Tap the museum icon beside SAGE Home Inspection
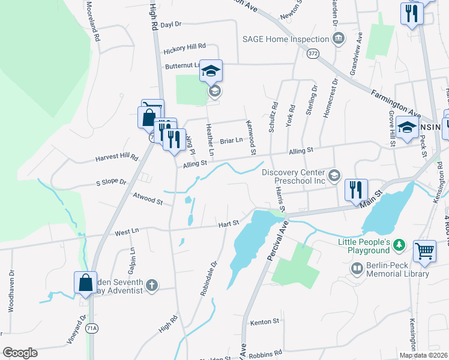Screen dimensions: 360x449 tap(339, 39)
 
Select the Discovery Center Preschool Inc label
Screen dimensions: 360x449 tap(294, 176)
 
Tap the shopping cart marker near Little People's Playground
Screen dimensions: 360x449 tap(424, 252)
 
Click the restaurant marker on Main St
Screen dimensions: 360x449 tap(356, 190)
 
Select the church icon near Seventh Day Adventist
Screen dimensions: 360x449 tap(152, 286)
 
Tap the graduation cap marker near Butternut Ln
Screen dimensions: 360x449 tap(211, 71)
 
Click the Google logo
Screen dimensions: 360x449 tap(20, 353)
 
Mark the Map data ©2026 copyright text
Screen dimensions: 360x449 tap(423, 355)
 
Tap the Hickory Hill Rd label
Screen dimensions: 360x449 tap(182, 46)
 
